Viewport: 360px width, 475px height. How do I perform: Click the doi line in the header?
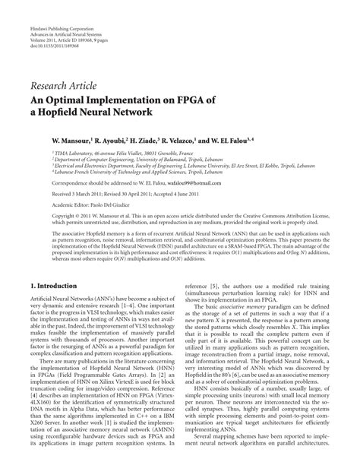click(52, 25)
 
